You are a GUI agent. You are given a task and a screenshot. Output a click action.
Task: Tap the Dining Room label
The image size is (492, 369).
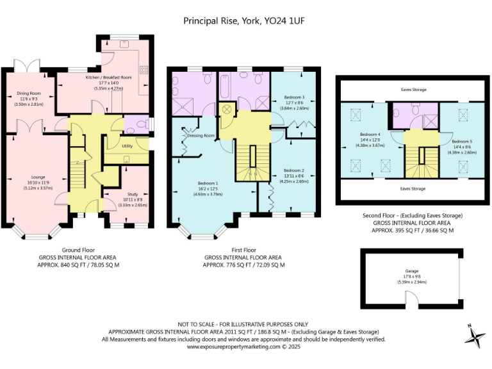click(x=28, y=94)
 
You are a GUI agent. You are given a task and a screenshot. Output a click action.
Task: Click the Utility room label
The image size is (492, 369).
click(x=127, y=146)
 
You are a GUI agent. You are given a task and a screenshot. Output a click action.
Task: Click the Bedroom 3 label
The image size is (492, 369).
click(x=293, y=98)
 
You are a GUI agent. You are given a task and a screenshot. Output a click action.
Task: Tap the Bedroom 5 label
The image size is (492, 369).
click(x=461, y=142)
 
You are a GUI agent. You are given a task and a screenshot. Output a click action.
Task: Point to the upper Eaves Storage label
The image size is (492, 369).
click(x=413, y=90)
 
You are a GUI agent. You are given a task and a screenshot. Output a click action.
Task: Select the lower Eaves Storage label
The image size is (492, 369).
click(x=413, y=189)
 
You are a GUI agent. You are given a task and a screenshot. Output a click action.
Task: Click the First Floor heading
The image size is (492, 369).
click(x=244, y=249)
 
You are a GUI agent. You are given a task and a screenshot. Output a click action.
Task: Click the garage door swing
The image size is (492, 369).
click(x=410, y=297)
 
